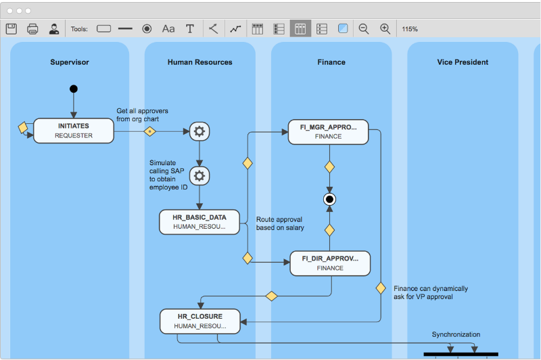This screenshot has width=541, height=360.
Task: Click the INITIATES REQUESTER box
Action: click(74, 131)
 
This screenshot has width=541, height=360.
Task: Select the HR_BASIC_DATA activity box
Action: click(199, 222)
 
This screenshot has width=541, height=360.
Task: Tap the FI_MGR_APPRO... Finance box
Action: click(328, 131)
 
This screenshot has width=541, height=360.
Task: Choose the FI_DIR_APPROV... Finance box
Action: click(330, 263)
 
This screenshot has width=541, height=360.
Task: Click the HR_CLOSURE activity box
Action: click(199, 321)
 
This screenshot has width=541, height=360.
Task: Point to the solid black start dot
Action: click(74, 89)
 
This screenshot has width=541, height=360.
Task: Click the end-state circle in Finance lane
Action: click(329, 199)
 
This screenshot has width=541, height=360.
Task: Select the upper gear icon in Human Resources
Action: click(199, 131)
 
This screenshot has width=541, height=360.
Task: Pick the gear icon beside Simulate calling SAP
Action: click(199, 177)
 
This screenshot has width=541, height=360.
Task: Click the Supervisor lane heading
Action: click(70, 62)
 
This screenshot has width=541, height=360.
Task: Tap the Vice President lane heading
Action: click(463, 62)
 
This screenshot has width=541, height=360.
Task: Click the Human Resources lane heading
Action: click(199, 62)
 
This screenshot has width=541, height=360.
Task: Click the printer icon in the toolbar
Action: click(32, 29)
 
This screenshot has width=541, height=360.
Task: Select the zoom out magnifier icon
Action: click(364, 29)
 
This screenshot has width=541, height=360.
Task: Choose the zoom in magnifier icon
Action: click(385, 29)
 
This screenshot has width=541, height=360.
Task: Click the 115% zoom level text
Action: click(410, 29)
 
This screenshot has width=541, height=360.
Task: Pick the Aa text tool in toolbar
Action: click(168, 29)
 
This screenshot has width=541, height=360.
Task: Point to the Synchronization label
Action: click(456, 334)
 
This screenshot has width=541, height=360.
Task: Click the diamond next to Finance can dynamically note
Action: click(381, 288)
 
